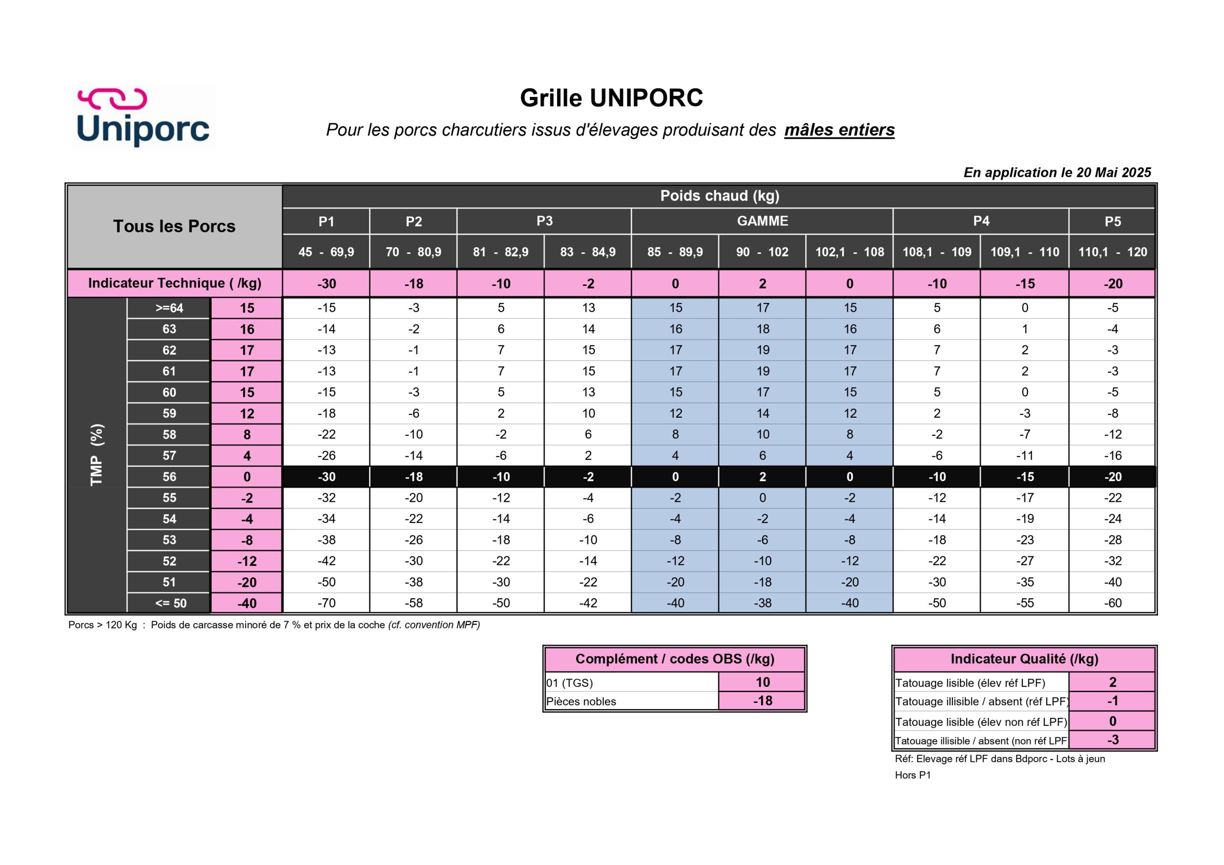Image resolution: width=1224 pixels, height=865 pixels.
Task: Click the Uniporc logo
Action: [x=143, y=118]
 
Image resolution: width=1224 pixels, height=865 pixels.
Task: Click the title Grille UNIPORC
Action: [x=612, y=98]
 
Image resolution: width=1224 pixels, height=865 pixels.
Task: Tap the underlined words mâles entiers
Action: [x=839, y=130]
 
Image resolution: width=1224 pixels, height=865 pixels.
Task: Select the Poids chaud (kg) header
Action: [x=719, y=196]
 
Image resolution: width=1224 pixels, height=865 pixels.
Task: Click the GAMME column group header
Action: [x=762, y=221]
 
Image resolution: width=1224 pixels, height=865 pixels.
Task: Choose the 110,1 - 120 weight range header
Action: [x=1112, y=252]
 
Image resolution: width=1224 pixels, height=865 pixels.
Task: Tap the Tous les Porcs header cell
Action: [x=175, y=227]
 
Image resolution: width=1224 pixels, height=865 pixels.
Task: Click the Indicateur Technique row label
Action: [x=175, y=283]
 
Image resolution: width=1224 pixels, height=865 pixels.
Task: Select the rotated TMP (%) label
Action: [x=97, y=454]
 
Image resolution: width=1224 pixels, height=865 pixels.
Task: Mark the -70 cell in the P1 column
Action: [x=326, y=603]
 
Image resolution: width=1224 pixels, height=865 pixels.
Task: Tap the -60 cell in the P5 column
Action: [x=1112, y=603]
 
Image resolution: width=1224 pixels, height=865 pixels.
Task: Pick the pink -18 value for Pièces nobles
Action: [x=762, y=701]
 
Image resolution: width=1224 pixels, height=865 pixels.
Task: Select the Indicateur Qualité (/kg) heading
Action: [x=1024, y=660]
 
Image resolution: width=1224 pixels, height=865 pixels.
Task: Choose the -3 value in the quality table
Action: [x=1112, y=740]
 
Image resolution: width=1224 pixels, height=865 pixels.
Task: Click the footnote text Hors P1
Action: [x=913, y=776]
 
